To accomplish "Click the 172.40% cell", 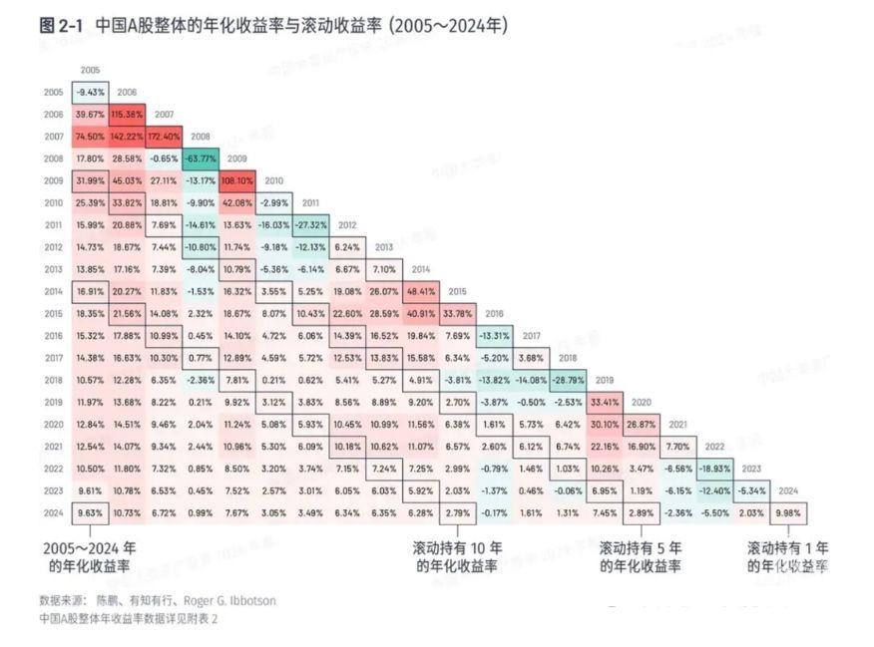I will coord(164,135).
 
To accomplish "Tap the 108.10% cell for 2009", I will coord(237,182).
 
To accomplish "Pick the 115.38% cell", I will coord(127,114).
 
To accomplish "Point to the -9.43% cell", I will coord(90,92).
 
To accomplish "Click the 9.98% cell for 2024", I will coord(788,513).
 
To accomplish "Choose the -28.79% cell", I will coord(568,380).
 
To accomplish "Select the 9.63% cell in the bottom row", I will coord(90,513).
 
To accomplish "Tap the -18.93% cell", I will coord(714,469).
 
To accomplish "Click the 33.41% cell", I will coord(605,403).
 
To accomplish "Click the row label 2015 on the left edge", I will coord(55,314).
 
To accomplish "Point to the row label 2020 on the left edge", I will coord(55,425).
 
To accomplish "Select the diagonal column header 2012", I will coord(347,225).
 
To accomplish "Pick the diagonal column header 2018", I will coord(568,358).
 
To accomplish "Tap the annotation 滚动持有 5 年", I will coord(640,548).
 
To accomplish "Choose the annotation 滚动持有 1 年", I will coord(788,548).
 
